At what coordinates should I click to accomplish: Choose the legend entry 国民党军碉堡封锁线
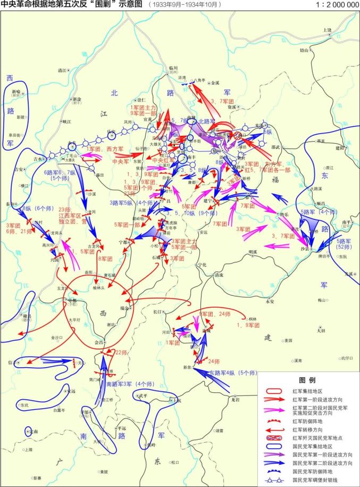(319, 481)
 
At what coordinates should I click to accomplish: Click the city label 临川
(173, 68)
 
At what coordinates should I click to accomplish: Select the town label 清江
(62, 70)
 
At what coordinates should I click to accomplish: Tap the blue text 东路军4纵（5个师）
(232, 373)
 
